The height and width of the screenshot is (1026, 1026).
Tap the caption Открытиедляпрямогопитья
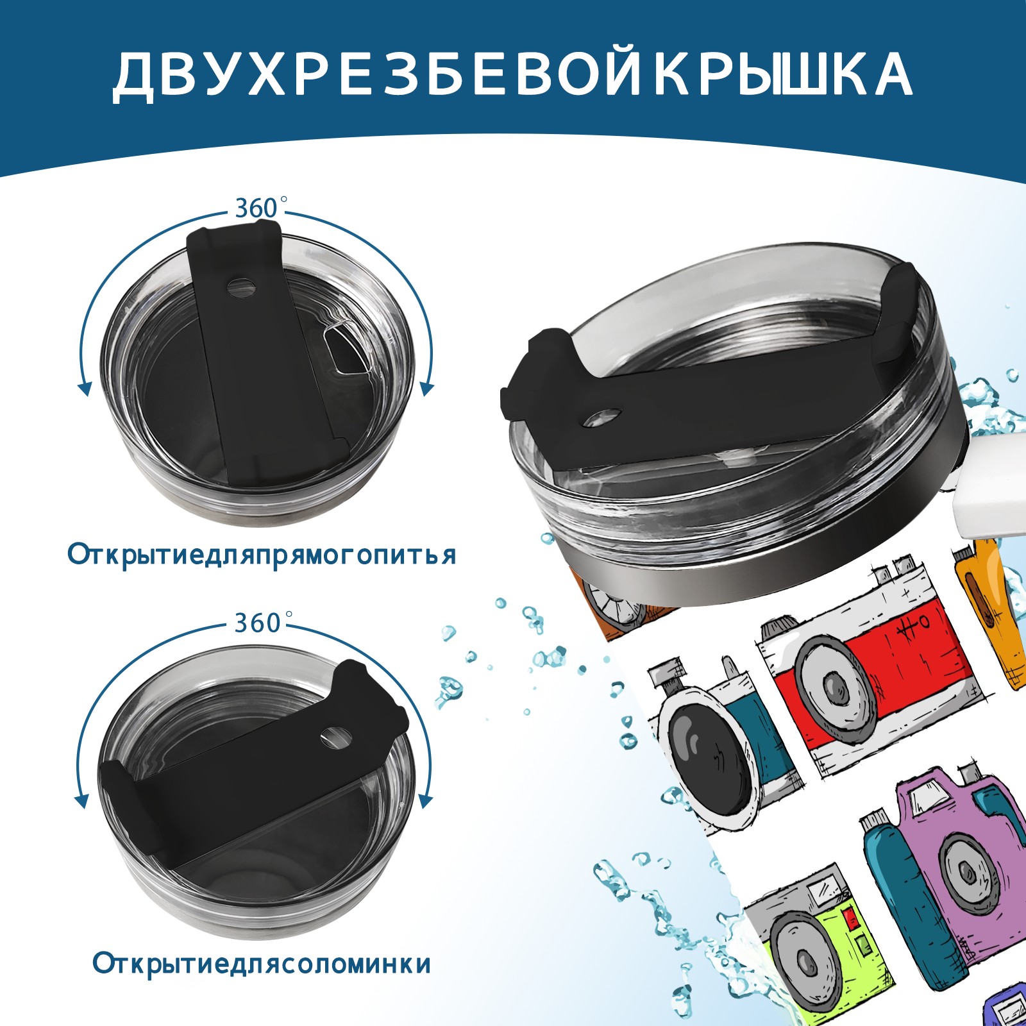262,555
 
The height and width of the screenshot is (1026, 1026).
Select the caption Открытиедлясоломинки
262,964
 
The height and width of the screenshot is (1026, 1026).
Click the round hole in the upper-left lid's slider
242,287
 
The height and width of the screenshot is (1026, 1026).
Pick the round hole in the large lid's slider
603,417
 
